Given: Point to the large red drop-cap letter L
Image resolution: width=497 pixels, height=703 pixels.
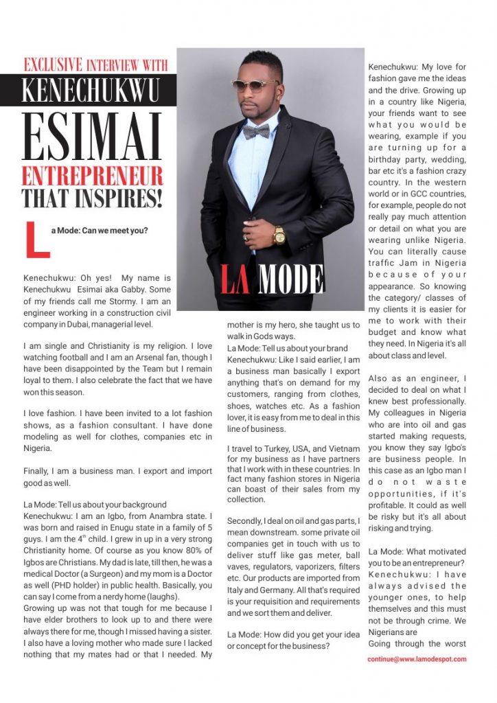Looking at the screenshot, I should pyautogui.click(x=37, y=238).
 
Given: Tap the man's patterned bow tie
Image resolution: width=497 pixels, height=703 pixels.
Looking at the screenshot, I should pyautogui.click(x=256, y=131).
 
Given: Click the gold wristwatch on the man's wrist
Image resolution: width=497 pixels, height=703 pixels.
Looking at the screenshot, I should pyautogui.click(x=279, y=235).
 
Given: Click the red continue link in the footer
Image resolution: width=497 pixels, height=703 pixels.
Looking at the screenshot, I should pyautogui.click(x=417, y=658).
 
